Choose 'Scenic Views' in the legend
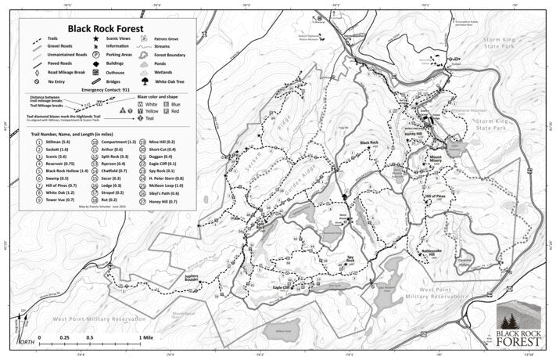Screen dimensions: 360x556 tap(117, 38)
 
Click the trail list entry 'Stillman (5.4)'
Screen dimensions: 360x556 tap(57, 142)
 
